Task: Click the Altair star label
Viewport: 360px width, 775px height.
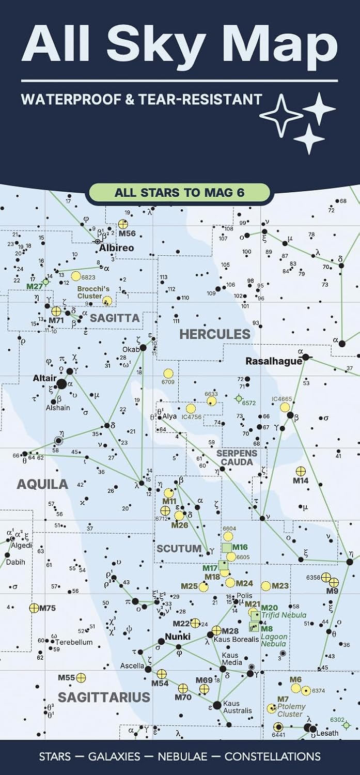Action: pos(44,378)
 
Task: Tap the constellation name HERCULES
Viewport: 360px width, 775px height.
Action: pos(214,334)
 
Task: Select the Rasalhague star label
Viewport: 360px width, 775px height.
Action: pos(273,361)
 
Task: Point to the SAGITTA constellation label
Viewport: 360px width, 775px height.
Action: pos(115,318)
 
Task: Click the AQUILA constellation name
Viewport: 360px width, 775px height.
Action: pos(42,484)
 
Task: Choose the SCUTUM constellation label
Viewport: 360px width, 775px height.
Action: pos(179,548)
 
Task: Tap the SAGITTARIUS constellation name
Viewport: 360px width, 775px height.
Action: pos(104,698)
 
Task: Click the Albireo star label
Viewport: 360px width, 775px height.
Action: pos(117,247)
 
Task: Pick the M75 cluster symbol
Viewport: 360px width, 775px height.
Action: pos(34,608)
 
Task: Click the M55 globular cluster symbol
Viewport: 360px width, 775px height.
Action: pos(81,677)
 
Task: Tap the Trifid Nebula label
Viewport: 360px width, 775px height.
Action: pos(284,615)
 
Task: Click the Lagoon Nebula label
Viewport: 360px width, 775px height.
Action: pos(274,641)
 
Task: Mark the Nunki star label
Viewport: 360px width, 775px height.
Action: pos(178,637)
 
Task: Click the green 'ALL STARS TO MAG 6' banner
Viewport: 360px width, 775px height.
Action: pos(179,193)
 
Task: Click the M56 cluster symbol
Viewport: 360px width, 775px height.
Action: pos(123,224)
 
